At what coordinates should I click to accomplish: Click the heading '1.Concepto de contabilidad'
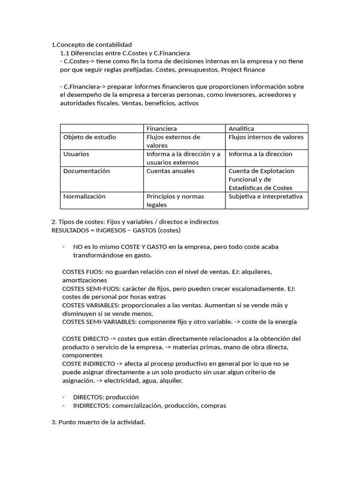click(x=91, y=45)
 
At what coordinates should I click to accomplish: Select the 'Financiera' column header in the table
click(x=162, y=128)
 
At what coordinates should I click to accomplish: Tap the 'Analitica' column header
click(x=241, y=128)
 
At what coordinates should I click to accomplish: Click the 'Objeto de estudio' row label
click(x=90, y=137)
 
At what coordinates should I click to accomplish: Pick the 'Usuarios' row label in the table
click(x=76, y=154)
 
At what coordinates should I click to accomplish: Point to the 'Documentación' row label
click(x=86, y=171)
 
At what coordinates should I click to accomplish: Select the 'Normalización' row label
click(x=84, y=196)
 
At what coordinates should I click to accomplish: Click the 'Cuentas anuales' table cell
click(x=170, y=171)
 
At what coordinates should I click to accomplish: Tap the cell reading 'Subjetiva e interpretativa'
click(x=265, y=196)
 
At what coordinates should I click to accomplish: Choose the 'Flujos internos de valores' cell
click(x=266, y=137)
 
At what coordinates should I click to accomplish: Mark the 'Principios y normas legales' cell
click(x=175, y=201)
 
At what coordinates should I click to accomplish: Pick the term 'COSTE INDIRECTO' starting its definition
click(x=88, y=364)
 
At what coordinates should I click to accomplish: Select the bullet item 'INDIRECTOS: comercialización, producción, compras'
click(x=150, y=405)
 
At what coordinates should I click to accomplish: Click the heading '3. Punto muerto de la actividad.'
click(x=98, y=422)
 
